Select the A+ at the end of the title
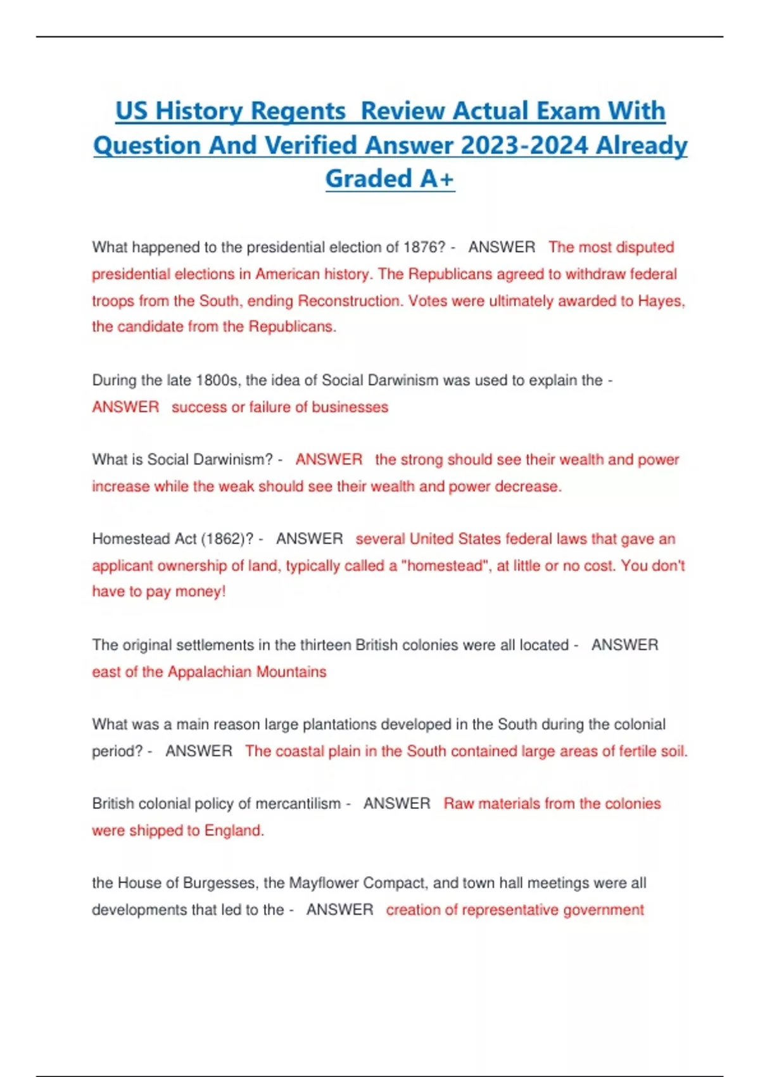[437, 179]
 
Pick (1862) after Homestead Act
[227, 539]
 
